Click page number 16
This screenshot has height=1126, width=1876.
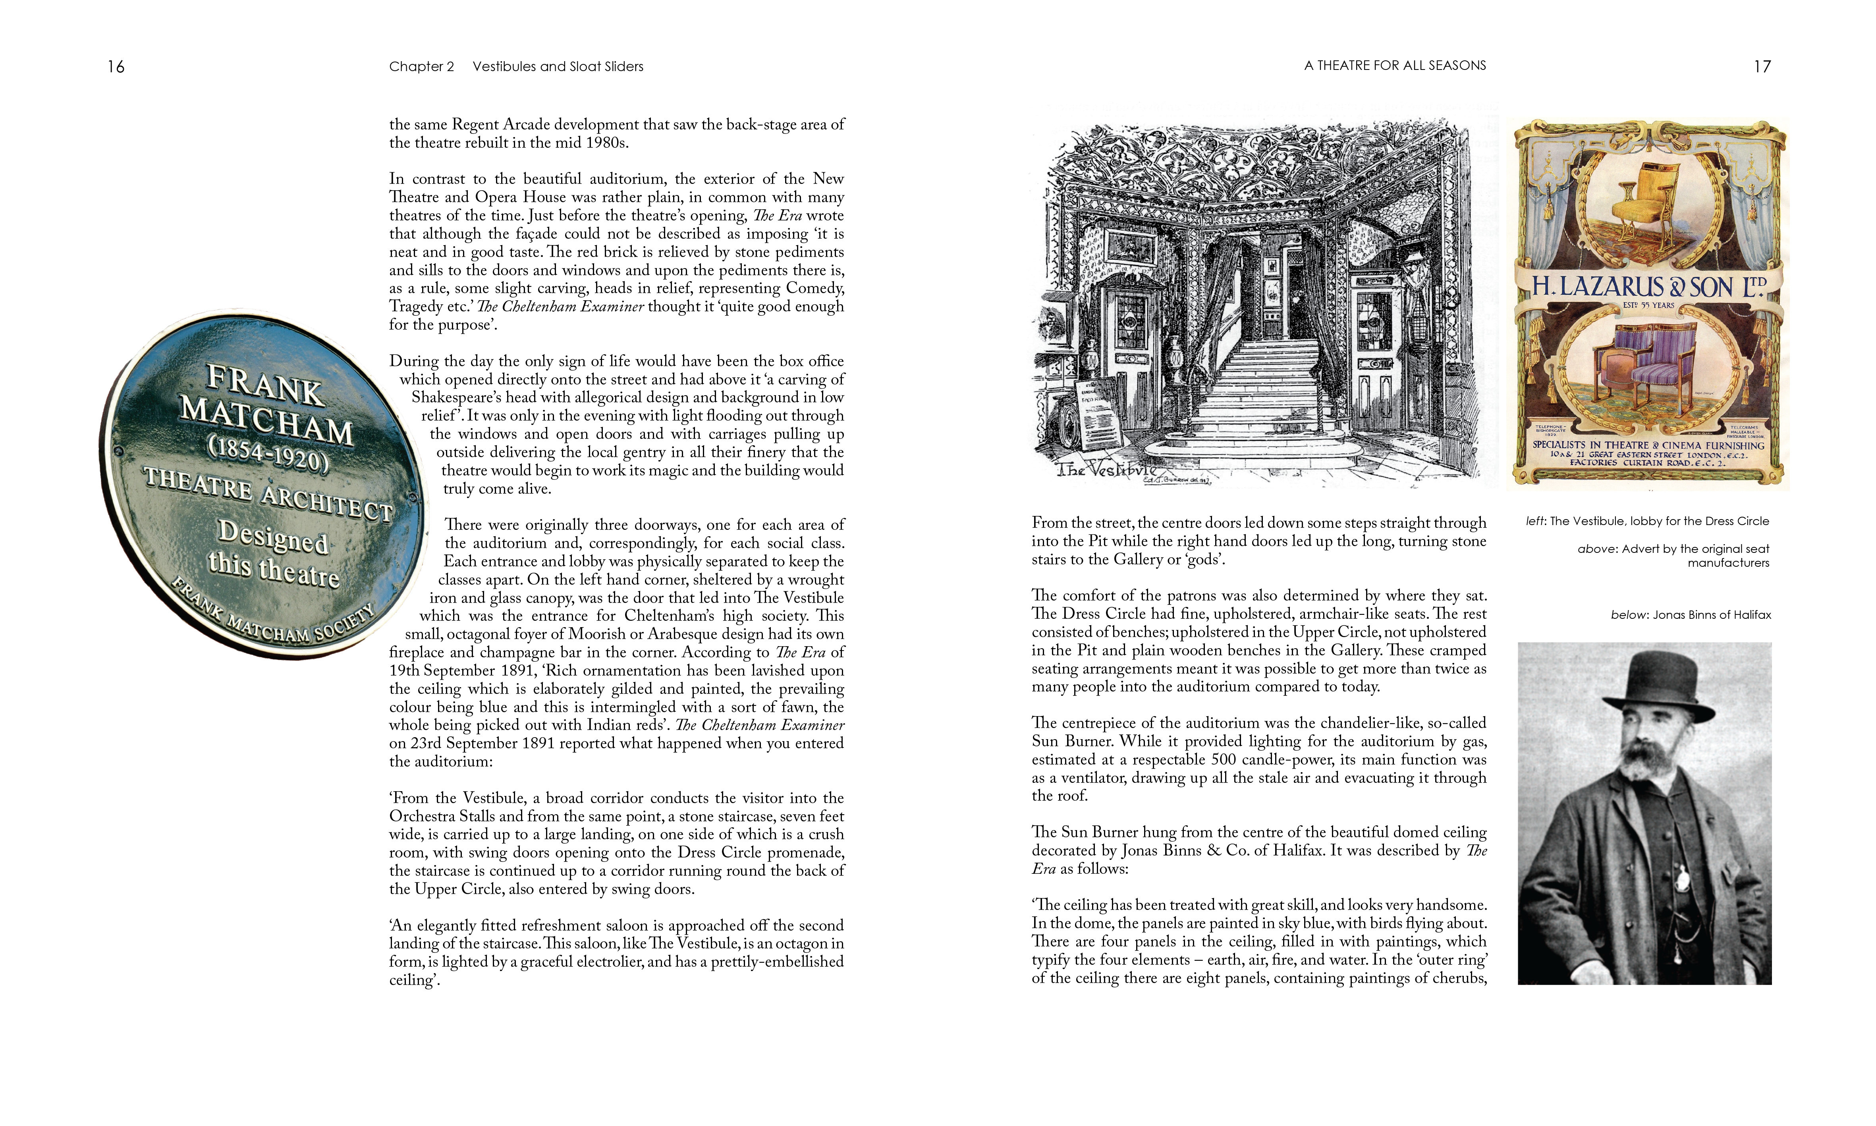click(116, 67)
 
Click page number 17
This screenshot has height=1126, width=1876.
click(1762, 67)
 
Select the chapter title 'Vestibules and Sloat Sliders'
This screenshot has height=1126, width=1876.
click(558, 67)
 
